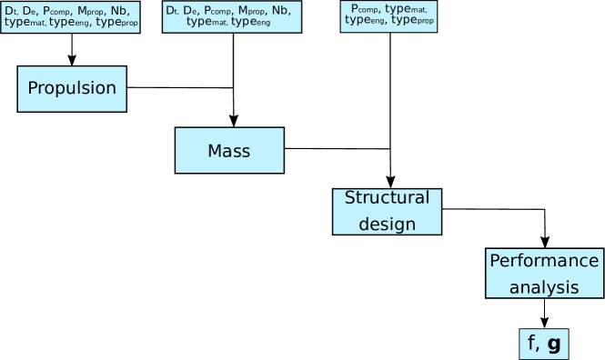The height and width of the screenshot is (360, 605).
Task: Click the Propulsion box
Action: [72, 88]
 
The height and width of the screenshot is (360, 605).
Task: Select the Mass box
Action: [229, 150]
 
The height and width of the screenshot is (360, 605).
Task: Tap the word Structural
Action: [387, 198]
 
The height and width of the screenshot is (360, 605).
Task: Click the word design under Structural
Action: [387, 224]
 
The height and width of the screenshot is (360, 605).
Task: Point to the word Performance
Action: [544, 261]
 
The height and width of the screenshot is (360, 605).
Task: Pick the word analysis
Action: [544, 287]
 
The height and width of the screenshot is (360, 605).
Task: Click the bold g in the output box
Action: [553, 344]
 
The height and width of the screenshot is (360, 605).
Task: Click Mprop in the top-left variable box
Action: [94, 10]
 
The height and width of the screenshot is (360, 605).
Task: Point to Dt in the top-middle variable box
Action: [171, 10]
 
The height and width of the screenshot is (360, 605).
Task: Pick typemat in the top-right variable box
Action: [407, 9]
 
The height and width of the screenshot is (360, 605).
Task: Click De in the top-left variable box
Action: [29, 10]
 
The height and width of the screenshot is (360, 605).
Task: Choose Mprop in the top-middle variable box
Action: [253, 10]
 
